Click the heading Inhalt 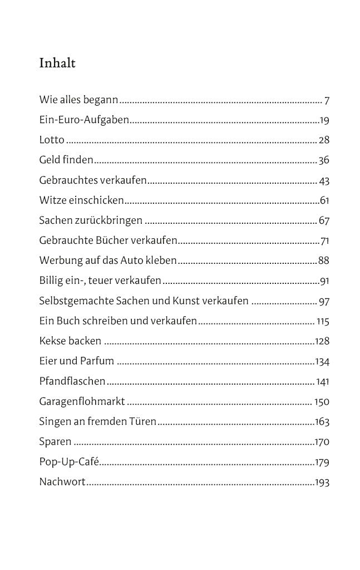[57, 63]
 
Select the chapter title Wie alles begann [78, 101]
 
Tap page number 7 [327, 101]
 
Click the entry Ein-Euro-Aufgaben [84, 120]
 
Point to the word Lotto [52, 140]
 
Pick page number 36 [324, 160]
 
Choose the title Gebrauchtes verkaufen [93, 180]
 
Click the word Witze [52, 200]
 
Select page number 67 [324, 220]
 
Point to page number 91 [324, 281]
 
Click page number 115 [323, 321]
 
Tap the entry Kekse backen [70, 341]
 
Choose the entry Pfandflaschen [72, 381]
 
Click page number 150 [322, 401]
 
